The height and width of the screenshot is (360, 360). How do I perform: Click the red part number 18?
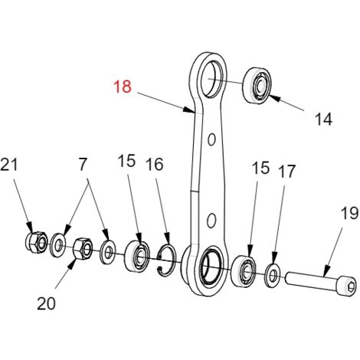(123, 87)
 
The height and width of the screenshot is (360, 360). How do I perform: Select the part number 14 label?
(323, 119)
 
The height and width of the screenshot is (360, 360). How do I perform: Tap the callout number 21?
(9, 165)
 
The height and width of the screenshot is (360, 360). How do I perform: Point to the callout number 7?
(83, 165)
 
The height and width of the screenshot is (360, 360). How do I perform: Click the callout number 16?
(155, 164)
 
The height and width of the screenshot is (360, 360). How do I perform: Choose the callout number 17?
(287, 171)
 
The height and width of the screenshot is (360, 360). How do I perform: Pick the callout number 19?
(349, 213)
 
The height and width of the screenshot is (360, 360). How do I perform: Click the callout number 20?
(46, 303)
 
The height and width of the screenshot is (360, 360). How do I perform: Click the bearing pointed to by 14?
(257, 85)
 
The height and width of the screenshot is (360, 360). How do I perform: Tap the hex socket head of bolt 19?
(348, 286)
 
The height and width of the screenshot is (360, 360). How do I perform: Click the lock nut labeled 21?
(37, 242)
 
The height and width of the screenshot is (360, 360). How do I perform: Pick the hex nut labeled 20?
(83, 249)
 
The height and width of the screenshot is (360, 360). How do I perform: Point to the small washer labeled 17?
(272, 276)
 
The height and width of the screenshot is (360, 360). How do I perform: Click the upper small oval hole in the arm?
(211, 139)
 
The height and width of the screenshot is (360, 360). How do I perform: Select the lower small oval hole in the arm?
(211, 221)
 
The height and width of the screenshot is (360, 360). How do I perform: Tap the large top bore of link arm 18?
(211, 78)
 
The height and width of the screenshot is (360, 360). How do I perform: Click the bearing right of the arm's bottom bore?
(244, 270)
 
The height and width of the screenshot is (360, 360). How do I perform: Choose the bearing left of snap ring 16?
(137, 256)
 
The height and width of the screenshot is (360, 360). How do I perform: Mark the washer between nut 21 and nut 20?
(58, 244)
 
